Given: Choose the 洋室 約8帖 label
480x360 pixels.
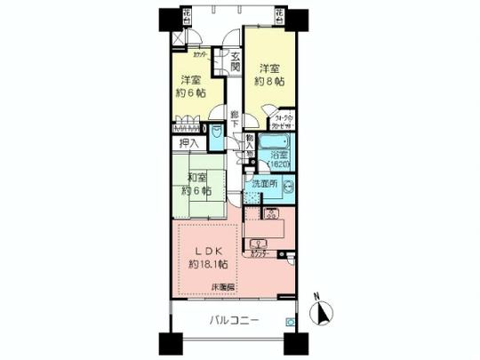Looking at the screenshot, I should click(x=272, y=75).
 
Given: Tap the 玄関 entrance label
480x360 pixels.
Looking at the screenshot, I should click(x=235, y=60).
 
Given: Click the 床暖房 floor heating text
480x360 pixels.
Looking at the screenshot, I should click(x=223, y=287).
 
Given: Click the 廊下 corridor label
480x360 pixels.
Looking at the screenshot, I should click(x=235, y=119).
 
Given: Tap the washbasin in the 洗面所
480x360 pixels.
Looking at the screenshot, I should click(x=287, y=188).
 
